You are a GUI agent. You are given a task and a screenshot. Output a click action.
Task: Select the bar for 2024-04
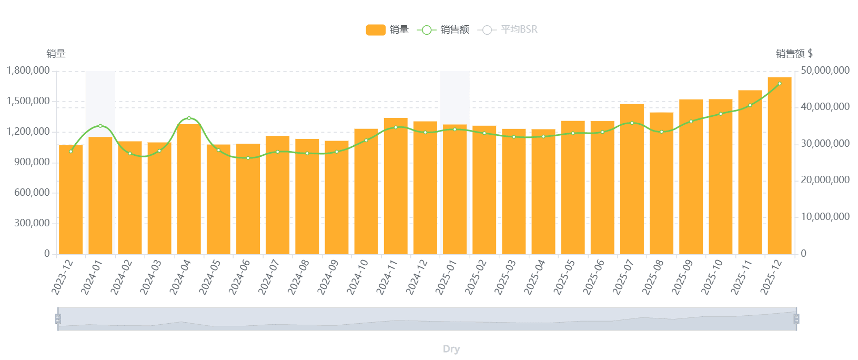189,189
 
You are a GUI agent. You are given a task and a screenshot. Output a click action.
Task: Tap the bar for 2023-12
70,200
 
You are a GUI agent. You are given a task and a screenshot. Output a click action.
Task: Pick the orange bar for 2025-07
632,179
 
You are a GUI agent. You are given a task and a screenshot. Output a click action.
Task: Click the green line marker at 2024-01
100,126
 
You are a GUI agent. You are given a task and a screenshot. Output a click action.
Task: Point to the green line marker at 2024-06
248,158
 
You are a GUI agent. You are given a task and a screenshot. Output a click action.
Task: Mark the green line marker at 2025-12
780,84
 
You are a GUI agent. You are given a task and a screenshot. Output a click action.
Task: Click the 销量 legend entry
388,30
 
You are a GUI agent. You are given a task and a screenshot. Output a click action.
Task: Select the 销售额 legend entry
443,30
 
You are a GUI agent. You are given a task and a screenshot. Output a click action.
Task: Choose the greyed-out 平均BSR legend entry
508,30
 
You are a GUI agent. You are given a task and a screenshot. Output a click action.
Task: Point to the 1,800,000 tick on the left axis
28,71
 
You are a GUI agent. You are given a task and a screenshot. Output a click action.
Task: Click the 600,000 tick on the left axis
32,193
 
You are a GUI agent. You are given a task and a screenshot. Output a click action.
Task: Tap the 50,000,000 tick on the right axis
825,71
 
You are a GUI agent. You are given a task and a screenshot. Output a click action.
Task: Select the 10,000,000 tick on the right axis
825,217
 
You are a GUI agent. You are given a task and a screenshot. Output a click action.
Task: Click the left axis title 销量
56,54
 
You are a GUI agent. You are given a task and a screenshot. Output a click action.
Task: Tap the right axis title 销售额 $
794,54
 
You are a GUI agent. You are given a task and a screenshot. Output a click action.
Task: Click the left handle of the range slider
58,319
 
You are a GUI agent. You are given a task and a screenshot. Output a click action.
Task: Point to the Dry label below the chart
451,349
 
